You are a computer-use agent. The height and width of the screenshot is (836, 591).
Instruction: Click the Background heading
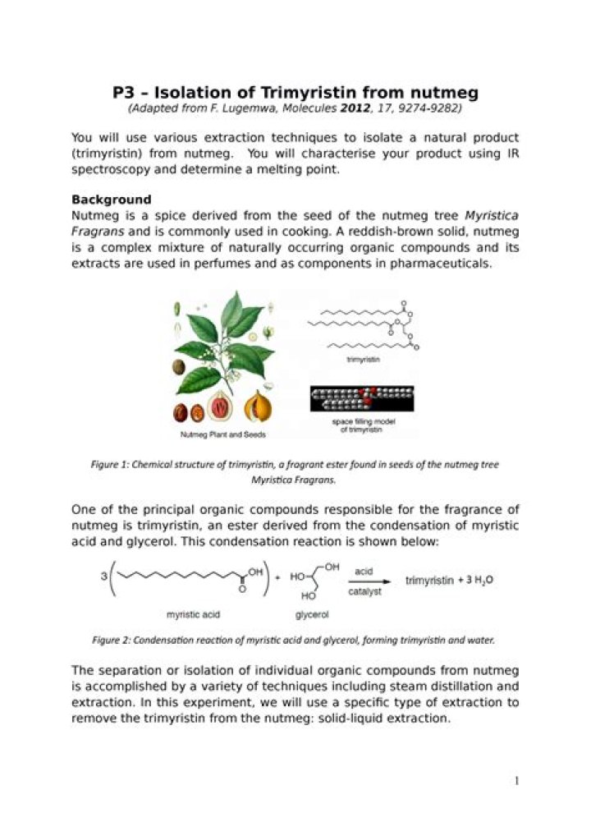112,200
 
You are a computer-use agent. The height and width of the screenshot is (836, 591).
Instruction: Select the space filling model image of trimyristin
362,398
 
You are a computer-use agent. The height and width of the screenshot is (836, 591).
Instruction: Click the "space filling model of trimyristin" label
362,425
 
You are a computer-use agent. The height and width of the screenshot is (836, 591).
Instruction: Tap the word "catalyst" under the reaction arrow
364,591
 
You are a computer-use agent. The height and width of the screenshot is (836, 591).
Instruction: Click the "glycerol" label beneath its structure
312,613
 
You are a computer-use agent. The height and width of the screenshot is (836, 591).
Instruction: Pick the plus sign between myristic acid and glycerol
277,578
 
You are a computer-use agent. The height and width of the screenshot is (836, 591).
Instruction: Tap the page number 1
516,781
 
